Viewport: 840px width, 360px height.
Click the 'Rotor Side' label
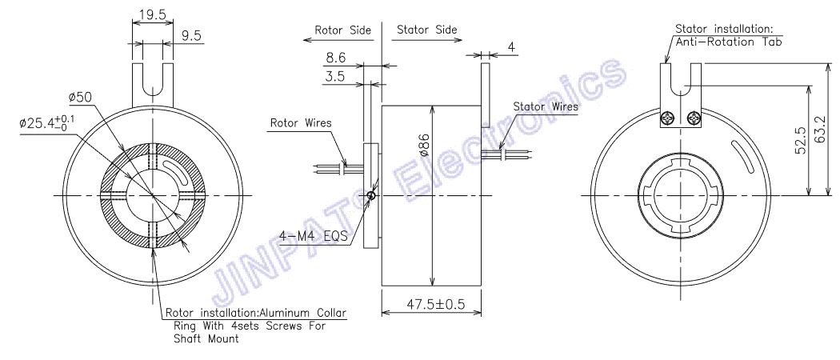click(342, 30)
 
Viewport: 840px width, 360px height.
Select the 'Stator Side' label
click(427, 30)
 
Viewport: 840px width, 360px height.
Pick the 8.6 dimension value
click(336, 58)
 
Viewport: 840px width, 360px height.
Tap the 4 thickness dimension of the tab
click(512, 48)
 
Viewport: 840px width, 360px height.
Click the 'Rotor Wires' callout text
click(300, 123)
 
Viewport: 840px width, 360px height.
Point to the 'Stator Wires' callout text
click(546, 106)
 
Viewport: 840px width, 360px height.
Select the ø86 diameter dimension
click(425, 144)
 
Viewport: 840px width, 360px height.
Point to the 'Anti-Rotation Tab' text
click(729, 42)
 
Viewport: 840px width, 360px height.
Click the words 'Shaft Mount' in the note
click(206, 338)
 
